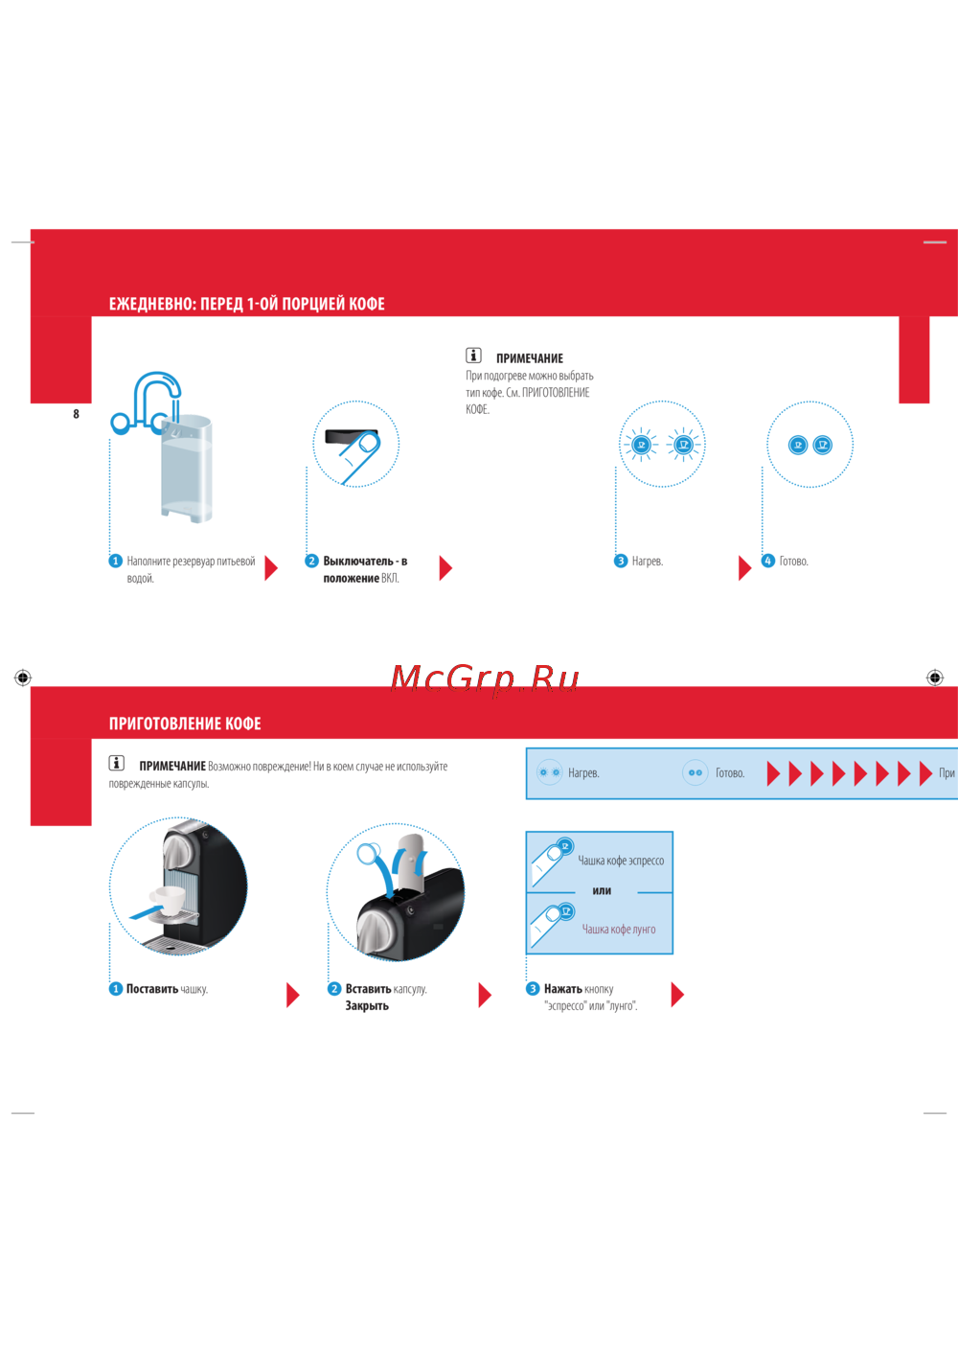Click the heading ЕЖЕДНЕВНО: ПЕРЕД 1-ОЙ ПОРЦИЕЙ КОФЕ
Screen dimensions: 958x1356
click(247, 303)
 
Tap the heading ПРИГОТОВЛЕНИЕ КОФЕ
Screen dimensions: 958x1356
click(185, 724)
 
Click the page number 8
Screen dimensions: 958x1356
click(77, 414)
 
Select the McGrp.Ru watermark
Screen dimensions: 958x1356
click(485, 678)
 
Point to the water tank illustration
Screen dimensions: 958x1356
click(187, 468)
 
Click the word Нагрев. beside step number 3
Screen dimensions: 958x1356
click(648, 562)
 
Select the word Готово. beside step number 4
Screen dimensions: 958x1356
click(793, 562)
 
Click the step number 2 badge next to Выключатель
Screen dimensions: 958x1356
click(311, 561)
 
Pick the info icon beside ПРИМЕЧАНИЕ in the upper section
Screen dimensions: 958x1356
click(473, 356)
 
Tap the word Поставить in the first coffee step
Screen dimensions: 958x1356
click(152, 989)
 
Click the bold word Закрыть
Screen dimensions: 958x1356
click(367, 1005)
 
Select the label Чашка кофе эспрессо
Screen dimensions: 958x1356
click(621, 861)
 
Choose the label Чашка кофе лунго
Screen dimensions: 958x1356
click(619, 929)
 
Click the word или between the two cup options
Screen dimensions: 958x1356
click(602, 890)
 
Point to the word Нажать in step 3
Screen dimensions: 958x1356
click(562, 989)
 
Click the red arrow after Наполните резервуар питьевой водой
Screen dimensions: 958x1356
click(271, 568)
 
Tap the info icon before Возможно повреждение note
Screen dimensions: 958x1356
click(116, 763)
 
